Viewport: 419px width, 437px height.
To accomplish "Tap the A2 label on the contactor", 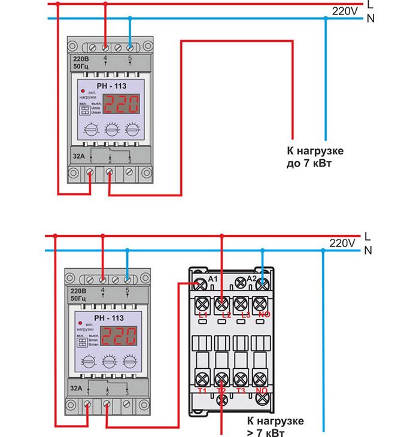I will tap(252, 280).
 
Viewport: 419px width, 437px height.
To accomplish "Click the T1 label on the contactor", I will tap(202, 390).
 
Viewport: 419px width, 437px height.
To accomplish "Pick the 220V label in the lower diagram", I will tap(342, 243).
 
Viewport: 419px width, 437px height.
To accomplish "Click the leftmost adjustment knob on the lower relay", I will tap(88, 361).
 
